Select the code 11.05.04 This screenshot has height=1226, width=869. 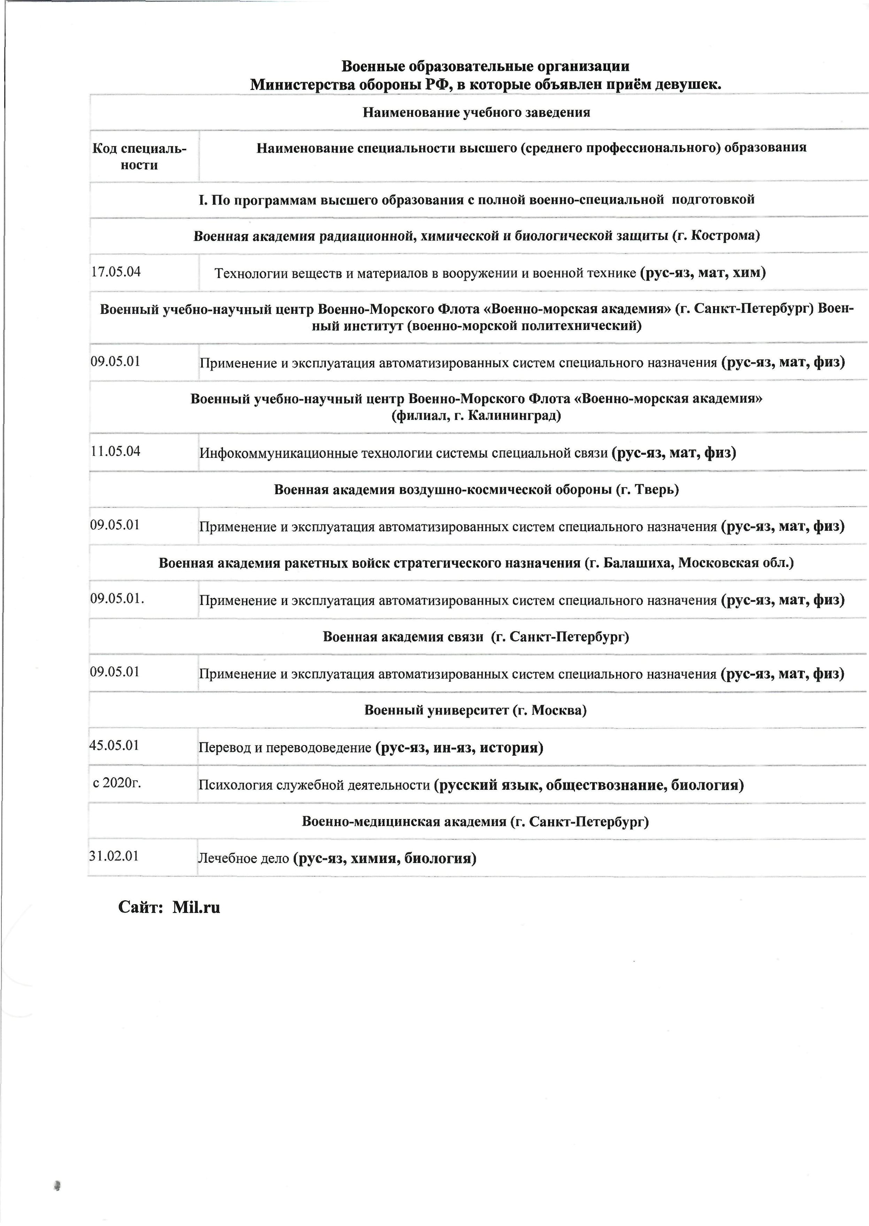coord(116,451)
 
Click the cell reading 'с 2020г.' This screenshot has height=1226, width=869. coord(117,783)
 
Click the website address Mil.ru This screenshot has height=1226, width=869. coord(197,907)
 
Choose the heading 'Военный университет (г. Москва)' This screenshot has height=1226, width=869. coord(475,710)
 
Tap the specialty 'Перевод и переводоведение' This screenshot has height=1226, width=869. coord(285,747)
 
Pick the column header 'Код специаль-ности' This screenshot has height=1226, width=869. coord(140,156)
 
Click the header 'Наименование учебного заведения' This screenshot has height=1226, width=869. coord(476,112)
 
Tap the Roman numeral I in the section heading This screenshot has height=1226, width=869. coord(202,200)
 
